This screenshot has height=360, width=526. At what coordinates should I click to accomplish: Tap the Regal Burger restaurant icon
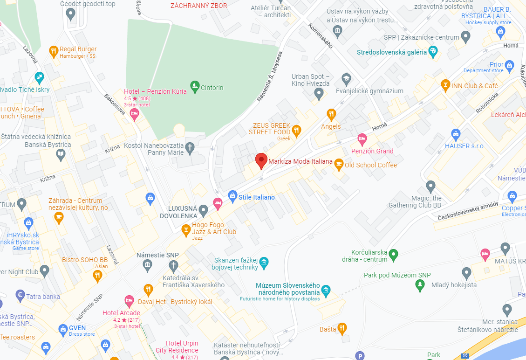click(x=54, y=51)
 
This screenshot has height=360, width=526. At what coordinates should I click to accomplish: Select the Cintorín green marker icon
click(x=195, y=87)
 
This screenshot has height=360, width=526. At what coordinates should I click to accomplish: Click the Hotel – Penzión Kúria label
click(x=155, y=91)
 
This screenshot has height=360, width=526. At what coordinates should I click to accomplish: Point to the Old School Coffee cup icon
click(x=339, y=165)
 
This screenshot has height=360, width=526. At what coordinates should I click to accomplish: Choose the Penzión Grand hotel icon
click(x=362, y=138)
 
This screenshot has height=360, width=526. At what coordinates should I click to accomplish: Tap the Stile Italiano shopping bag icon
click(x=232, y=197)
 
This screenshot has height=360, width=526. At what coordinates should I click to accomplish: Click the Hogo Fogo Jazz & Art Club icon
click(x=186, y=229)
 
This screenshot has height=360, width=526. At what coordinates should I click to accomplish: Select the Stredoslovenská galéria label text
click(x=392, y=52)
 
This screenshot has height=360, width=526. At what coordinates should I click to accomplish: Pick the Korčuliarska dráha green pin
click(x=394, y=255)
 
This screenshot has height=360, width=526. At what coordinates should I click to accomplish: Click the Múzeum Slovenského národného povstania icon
click(x=326, y=291)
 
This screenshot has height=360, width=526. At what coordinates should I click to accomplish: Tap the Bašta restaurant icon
click(x=342, y=329)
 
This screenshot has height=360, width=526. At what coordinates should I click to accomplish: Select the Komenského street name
click(x=321, y=36)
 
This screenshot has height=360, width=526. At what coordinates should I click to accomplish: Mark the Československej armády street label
click(x=468, y=211)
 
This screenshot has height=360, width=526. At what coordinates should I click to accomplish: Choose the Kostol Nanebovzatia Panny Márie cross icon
click(x=190, y=148)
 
